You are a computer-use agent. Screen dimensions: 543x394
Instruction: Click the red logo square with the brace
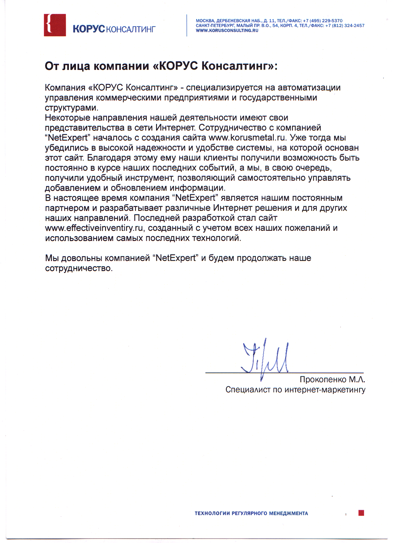[x=55, y=25]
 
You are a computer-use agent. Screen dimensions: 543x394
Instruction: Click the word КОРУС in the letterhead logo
[x=89, y=29]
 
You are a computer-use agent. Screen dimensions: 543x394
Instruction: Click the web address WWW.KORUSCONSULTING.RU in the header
[x=227, y=31]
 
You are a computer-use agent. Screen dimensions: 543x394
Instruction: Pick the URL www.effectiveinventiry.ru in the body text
[x=94, y=228]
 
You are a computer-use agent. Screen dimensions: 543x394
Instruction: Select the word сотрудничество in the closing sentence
[x=79, y=268]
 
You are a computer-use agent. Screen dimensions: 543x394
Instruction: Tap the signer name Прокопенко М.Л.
[x=332, y=379]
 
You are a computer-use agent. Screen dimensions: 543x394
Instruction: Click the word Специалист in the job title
[x=248, y=390]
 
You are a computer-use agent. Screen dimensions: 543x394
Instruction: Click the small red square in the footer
[x=361, y=513]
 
